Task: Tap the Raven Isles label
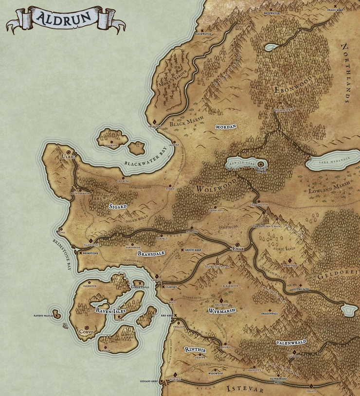pyautogui.click(x=110, y=310)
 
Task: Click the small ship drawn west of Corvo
pyautogui.click(x=65, y=325)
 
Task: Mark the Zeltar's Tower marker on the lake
pyautogui.click(x=260, y=164)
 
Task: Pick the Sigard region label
pyautogui.click(x=118, y=206)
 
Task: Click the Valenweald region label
pyautogui.click(x=291, y=342)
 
